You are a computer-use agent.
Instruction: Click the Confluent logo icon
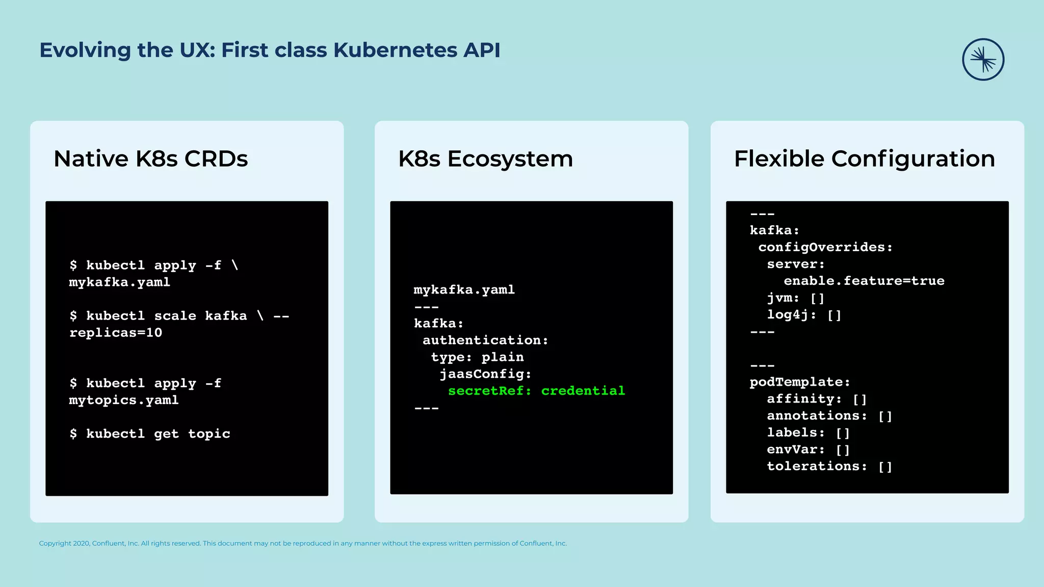pyautogui.click(x=983, y=60)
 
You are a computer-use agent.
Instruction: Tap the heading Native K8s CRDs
pyautogui.click(x=150, y=158)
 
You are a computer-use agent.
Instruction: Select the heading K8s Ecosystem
pyautogui.click(x=485, y=158)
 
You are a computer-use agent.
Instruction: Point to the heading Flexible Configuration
pyautogui.click(x=864, y=158)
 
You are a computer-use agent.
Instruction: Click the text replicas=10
pyautogui.click(x=116, y=333)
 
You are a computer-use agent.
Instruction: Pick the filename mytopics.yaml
pyautogui.click(x=124, y=400)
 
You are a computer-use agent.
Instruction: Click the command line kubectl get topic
pyautogui.click(x=150, y=434)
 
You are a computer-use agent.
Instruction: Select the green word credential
pyautogui.click(x=583, y=391)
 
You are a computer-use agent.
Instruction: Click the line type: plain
pyautogui.click(x=477, y=357)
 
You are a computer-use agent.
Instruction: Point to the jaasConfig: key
pyautogui.click(x=485, y=374)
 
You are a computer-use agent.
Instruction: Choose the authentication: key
pyautogui.click(x=485, y=340)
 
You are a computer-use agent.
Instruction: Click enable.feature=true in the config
pyautogui.click(x=864, y=281)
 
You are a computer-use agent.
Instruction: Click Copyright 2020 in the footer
pyautogui.click(x=64, y=544)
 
